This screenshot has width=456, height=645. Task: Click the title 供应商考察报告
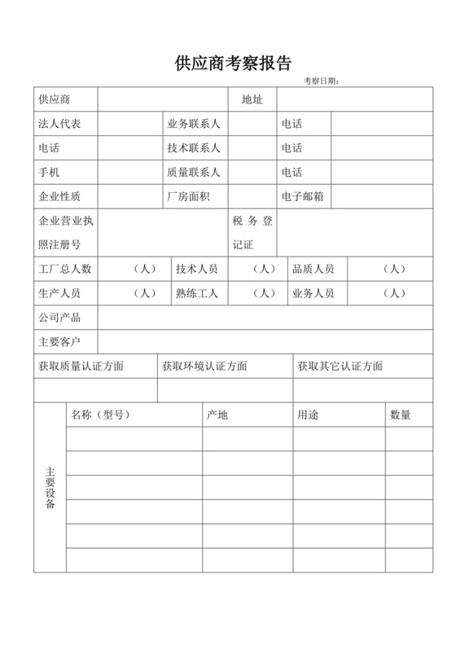pos(233,63)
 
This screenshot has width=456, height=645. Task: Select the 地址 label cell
pos(252,99)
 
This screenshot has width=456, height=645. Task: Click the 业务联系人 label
pos(194,125)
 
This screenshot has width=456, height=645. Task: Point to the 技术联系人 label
pos(194,149)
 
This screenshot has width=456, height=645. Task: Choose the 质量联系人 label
pos(194,173)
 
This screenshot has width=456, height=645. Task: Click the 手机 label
pos(49,173)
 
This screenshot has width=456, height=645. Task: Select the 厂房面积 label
pos(188,196)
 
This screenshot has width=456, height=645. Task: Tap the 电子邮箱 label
pos(303,196)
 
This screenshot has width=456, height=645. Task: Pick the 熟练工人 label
pos(196,293)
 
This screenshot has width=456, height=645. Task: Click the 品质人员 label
pos(313,269)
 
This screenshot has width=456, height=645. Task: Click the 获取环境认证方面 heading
pos(204,366)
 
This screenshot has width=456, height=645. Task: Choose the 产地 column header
pos(217,415)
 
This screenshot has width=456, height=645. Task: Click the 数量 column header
pos(401,415)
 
